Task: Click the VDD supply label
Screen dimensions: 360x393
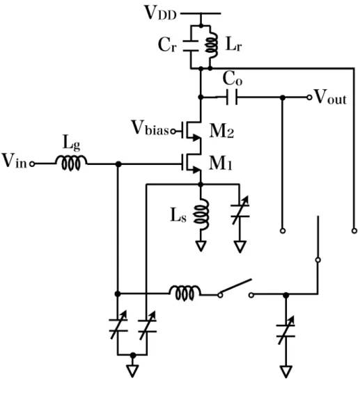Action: [x=161, y=13]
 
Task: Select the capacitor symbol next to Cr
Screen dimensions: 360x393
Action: [x=191, y=46]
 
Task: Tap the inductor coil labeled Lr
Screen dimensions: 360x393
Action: [x=211, y=45]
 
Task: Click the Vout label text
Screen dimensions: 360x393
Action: [x=331, y=97]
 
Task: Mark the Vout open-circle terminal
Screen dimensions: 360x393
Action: [x=309, y=97]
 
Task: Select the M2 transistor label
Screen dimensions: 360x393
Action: [x=221, y=131]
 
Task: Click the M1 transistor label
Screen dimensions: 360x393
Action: [x=221, y=163]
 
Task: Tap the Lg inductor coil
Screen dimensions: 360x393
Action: [x=71, y=163]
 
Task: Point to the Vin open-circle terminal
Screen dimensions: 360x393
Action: [x=32, y=164]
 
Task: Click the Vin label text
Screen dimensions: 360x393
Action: [x=15, y=161]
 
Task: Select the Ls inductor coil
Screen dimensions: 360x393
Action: [x=201, y=214]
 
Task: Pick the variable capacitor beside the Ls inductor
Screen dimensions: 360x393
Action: [x=240, y=210]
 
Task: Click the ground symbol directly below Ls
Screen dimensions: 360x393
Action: [x=201, y=246]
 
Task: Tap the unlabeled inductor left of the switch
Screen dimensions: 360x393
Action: [x=185, y=293]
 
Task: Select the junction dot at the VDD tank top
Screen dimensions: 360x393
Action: [x=201, y=26]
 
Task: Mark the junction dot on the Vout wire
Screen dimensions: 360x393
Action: [x=283, y=97]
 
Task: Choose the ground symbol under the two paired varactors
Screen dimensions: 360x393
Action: [x=132, y=371]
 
